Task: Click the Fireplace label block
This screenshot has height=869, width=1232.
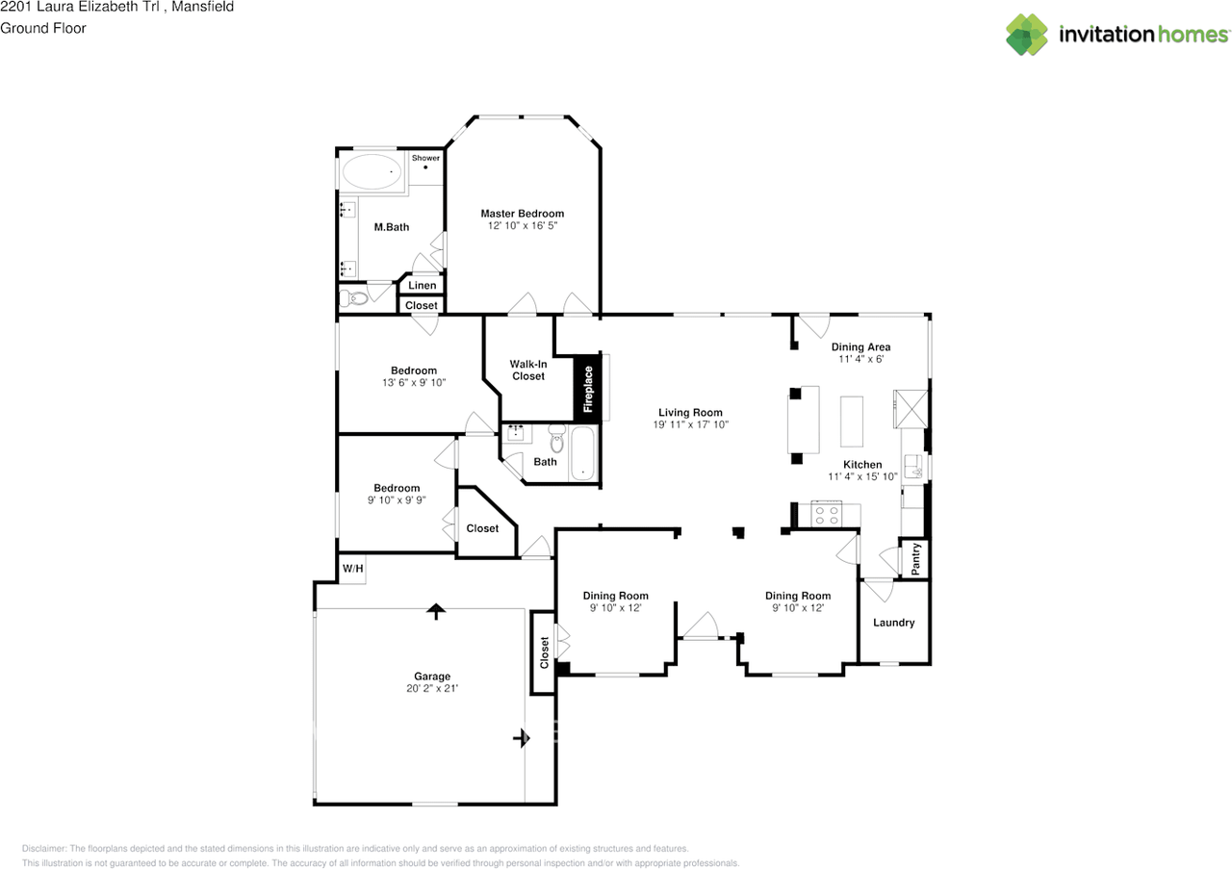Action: [x=587, y=389]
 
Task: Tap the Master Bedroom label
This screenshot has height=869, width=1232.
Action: [x=522, y=214]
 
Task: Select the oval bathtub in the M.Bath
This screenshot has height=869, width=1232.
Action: [x=372, y=171]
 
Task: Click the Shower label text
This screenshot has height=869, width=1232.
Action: [x=425, y=158]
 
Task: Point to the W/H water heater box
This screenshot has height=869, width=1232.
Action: [x=352, y=568]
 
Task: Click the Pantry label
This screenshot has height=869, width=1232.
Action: [x=915, y=559]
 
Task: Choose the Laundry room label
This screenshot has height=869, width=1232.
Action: [x=894, y=623]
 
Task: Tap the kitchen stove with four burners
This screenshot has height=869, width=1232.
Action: [x=827, y=515]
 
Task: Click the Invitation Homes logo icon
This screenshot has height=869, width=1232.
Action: [x=1026, y=34]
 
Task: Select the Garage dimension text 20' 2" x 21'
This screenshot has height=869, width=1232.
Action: [x=432, y=688]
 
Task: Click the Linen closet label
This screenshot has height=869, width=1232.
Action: [x=422, y=285]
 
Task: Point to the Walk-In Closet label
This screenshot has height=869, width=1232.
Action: [x=528, y=371]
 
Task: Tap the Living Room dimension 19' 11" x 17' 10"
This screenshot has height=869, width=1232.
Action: [x=690, y=424]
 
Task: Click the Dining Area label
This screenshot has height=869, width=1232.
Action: [x=860, y=347]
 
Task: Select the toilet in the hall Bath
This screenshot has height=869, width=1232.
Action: [x=557, y=438]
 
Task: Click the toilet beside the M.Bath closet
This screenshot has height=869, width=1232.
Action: [x=353, y=298]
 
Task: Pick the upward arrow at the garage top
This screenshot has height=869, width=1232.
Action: [x=436, y=611]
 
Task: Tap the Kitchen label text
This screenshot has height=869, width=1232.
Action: [x=862, y=465]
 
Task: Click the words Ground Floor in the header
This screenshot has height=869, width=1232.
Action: [x=43, y=28]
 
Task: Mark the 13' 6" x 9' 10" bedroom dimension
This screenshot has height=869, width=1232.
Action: [x=414, y=383]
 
